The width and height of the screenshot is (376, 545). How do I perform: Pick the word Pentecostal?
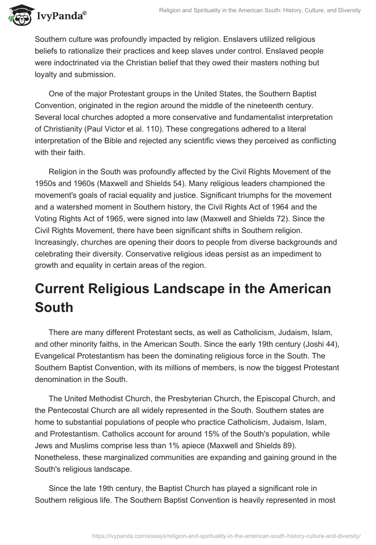76,411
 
